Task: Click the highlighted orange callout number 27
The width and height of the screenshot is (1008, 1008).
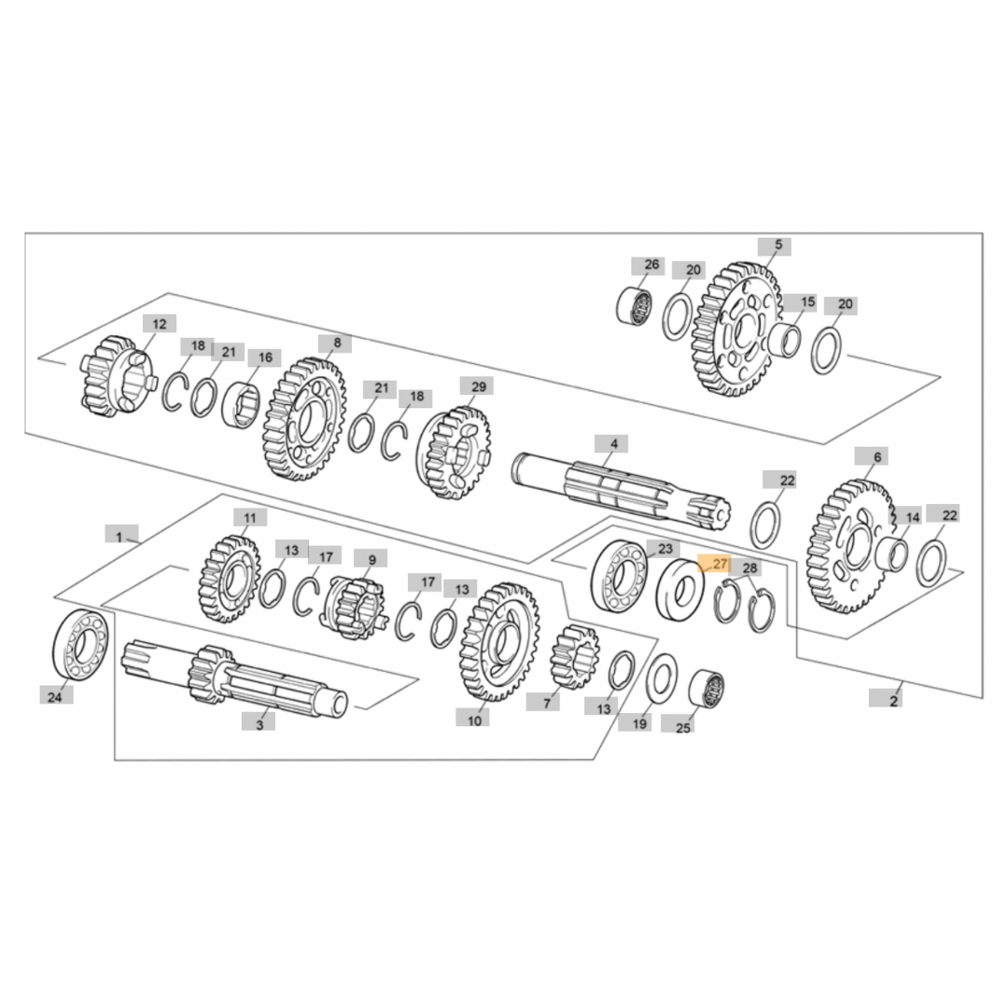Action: [715, 564]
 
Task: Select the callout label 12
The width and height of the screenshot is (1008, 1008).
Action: [160, 324]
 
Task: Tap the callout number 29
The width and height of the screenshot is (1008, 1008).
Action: [478, 386]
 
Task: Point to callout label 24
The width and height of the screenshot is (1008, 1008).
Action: [56, 695]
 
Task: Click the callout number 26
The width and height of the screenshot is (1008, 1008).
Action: [651, 264]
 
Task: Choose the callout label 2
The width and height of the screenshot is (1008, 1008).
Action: [893, 699]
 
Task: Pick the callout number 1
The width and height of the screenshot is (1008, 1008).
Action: [120, 535]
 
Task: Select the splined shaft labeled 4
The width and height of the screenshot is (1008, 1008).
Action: [621, 492]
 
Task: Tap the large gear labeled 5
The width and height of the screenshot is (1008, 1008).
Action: [736, 329]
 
